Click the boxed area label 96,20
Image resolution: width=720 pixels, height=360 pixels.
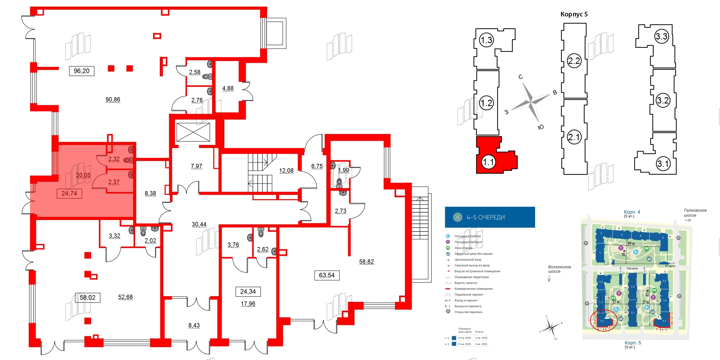[x=82, y=71]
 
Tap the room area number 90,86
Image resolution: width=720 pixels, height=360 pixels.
[x=113, y=100]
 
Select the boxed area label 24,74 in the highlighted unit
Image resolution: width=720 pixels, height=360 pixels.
[x=69, y=194]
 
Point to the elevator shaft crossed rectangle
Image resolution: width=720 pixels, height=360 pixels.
[x=193, y=132]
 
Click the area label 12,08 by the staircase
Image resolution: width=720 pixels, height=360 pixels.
[x=286, y=170]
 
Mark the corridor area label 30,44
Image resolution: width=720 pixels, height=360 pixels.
[x=199, y=224]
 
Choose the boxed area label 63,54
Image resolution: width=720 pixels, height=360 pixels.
[x=327, y=275]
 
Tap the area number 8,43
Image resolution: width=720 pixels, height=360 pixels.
[x=194, y=325]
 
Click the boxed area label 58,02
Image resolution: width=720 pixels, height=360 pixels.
[x=88, y=298]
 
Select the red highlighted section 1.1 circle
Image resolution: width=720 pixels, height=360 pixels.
[x=488, y=162]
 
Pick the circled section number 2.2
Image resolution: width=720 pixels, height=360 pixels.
[x=574, y=61]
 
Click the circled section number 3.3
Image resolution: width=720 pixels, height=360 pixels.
[x=661, y=37]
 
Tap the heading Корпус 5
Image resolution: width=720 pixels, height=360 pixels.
[x=574, y=14]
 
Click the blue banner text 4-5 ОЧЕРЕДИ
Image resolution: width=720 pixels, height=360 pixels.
[x=486, y=217]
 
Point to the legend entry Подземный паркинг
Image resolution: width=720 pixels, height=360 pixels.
[x=469, y=295]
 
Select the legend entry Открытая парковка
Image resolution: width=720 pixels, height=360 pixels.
[x=468, y=312]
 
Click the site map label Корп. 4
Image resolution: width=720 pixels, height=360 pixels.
[x=632, y=212]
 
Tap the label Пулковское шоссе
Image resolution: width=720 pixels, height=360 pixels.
[x=695, y=213]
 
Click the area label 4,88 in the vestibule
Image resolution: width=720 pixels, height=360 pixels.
[x=228, y=88]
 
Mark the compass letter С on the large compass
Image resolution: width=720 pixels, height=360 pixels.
[x=520, y=77]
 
